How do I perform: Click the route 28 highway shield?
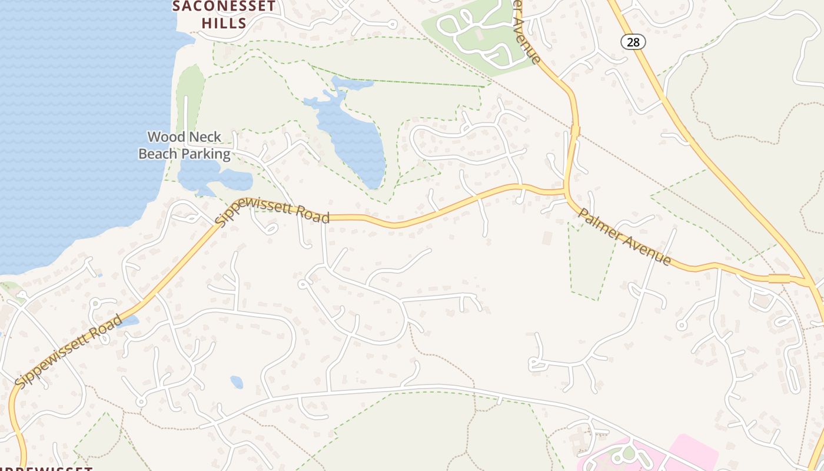[x=633, y=42]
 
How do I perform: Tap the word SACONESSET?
[x=224, y=6]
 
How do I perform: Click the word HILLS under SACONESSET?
[x=224, y=23]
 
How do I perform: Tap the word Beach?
[x=158, y=154]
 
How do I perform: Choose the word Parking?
[x=205, y=154]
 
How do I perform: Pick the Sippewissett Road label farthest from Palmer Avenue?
[x=69, y=352]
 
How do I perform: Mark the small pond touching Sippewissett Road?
[x=131, y=320]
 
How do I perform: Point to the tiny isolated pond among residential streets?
[x=237, y=382]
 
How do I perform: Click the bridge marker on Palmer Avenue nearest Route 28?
[x=779, y=278]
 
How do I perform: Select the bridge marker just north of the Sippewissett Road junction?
[x=574, y=130]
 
